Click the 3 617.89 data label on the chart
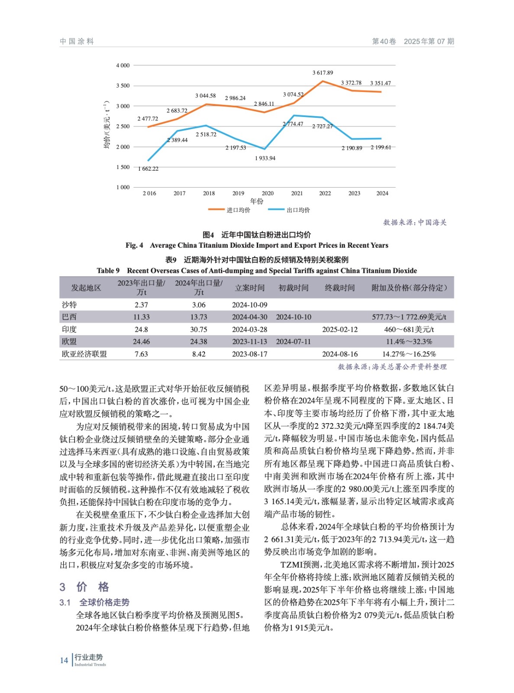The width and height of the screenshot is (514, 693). [x=323, y=73]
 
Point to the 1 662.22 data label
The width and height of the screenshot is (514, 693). [x=148, y=169]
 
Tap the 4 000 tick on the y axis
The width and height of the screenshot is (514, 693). [x=123, y=65]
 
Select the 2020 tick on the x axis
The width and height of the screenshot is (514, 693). [x=268, y=194]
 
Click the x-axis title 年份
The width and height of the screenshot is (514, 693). [x=257, y=201]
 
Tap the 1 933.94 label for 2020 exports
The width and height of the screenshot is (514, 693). [x=265, y=159]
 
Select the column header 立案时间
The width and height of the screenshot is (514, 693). [x=250, y=288]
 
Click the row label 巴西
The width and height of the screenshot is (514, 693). [x=69, y=317]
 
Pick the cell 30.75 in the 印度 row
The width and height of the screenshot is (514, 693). [x=199, y=330]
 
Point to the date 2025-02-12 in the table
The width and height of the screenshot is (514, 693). [x=340, y=330]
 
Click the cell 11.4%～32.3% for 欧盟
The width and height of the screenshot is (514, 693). [x=409, y=342]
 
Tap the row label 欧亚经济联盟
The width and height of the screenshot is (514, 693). [x=84, y=354]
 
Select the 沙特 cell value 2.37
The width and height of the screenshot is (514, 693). [x=141, y=305]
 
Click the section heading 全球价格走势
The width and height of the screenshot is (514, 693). [x=104, y=602]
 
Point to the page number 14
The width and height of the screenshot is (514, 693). [x=64, y=661]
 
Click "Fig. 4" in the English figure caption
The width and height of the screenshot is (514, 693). [x=134, y=246]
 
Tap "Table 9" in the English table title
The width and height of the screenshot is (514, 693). [x=108, y=271]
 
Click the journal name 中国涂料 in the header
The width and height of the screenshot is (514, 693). [x=77, y=42]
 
